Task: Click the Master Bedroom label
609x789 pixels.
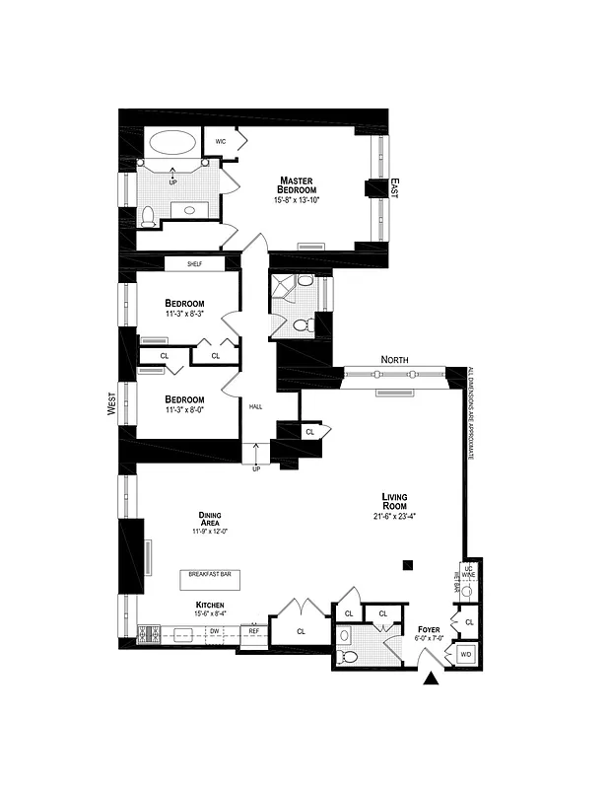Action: click(x=297, y=184)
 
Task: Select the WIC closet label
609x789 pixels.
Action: click(x=221, y=141)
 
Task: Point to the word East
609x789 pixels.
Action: click(x=393, y=187)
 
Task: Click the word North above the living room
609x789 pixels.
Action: click(x=393, y=360)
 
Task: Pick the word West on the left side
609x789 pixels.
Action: click(x=111, y=402)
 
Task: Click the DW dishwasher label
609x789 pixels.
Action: click(x=214, y=630)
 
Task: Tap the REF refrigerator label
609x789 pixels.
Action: click(x=253, y=630)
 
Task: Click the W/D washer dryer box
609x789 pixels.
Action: click(x=466, y=654)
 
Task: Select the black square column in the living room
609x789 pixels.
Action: click(x=408, y=564)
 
